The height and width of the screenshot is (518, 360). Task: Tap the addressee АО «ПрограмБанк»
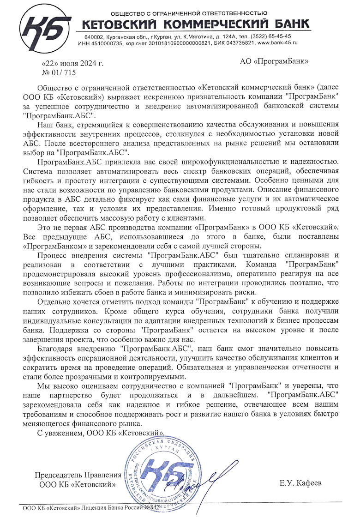274,60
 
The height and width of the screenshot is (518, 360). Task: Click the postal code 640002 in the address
94,36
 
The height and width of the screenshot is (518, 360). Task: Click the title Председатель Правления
78,475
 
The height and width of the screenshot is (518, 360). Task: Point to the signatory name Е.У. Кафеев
300,483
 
